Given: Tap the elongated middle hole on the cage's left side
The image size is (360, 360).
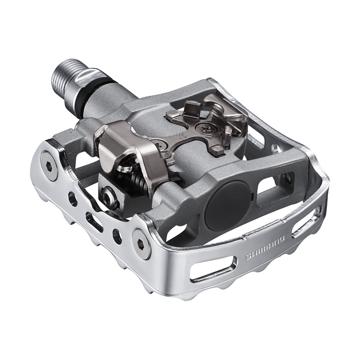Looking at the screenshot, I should (95, 222).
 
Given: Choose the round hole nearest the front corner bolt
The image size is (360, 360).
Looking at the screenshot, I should (117, 236).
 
